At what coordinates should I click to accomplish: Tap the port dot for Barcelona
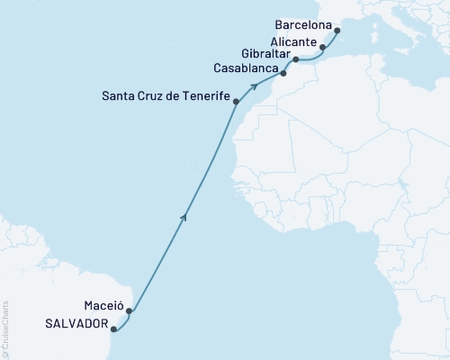(x=337, y=31)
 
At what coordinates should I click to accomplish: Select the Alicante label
(x=294, y=42)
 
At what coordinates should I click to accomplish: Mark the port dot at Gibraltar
(x=296, y=59)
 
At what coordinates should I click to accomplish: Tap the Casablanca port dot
(x=283, y=74)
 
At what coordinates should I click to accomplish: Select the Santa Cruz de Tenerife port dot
(x=236, y=102)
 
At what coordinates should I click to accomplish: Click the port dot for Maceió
(x=130, y=312)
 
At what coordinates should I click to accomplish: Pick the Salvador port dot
(x=114, y=329)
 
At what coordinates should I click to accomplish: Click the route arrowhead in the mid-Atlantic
(x=185, y=216)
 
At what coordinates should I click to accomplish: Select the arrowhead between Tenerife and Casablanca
(x=256, y=86)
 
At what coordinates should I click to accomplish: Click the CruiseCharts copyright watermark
(x=5, y=329)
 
